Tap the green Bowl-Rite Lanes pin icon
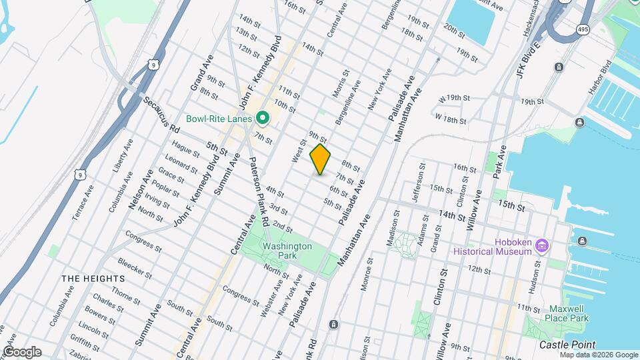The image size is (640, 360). (263, 119)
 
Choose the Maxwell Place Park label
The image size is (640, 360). (569, 313)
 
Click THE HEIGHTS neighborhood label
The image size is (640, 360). (93, 278)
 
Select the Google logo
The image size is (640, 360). (22, 352)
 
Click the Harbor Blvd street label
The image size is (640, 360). (600, 78)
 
